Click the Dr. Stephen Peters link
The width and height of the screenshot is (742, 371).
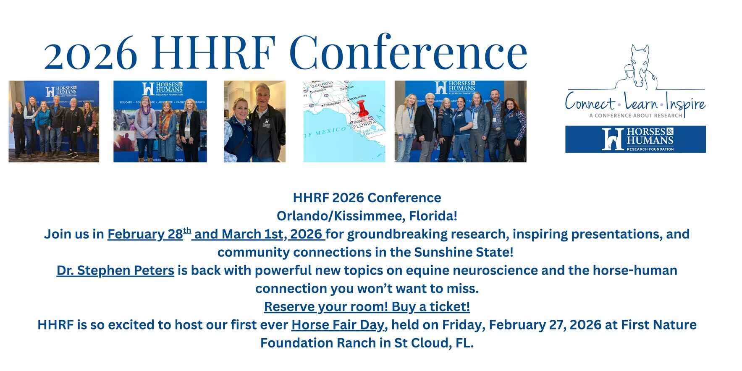[115, 270]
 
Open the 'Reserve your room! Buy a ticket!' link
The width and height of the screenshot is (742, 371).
[367, 307]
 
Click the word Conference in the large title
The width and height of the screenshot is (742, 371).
[407, 52]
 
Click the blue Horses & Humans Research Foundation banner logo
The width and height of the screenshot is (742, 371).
[635, 139]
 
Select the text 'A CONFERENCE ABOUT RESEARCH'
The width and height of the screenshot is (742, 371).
[635, 115]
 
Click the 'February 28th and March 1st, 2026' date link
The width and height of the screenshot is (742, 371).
[216, 234]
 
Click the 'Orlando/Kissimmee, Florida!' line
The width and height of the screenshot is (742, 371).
[367, 216]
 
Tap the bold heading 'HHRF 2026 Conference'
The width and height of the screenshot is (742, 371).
[367, 198]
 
